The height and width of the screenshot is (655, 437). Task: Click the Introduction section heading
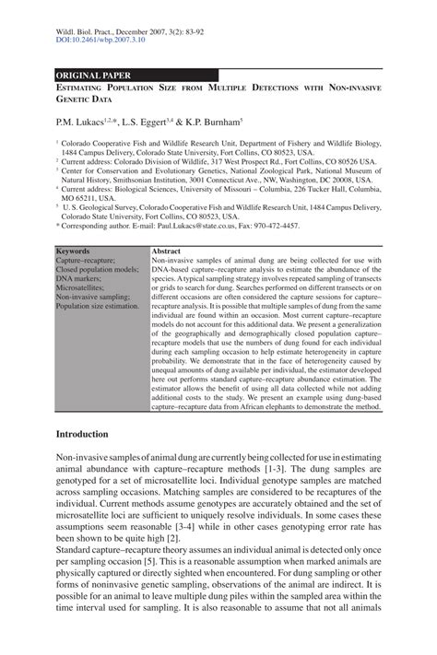pyautogui.click(x=82, y=435)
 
